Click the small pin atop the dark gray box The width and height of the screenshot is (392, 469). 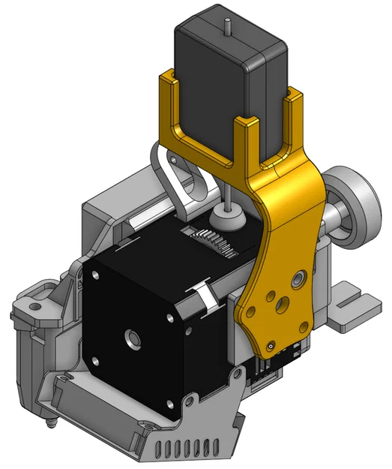point(224,23)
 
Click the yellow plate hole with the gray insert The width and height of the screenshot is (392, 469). point(298,279)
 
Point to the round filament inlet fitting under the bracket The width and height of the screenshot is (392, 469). point(226,218)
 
